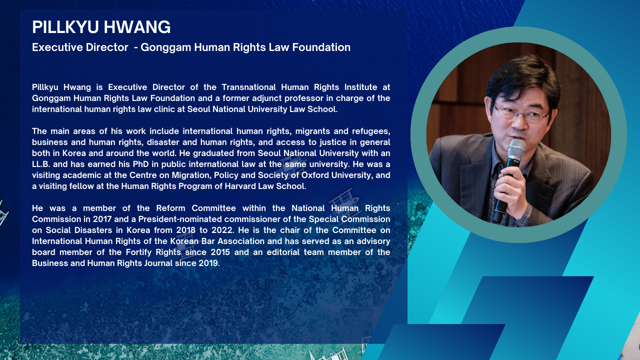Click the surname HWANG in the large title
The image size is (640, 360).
coord(137,27)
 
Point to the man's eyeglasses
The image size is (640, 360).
coord(522,112)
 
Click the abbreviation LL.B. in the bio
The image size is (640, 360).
coord(41,164)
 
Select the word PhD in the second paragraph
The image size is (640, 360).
coord(141,164)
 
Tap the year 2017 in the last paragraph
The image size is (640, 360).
coord(102,219)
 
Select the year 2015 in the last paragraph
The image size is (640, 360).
coord(220,252)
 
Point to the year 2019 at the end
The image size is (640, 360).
coord(208,263)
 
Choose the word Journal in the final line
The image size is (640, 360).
coord(158,263)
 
